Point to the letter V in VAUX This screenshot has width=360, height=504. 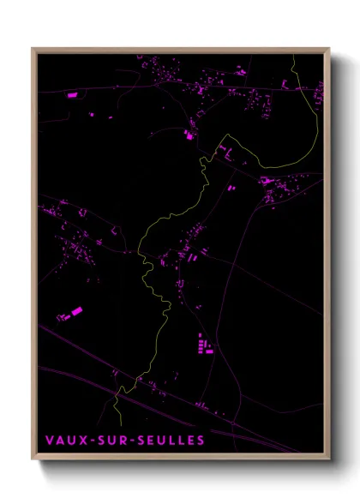pos(50,440)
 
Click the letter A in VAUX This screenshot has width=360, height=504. pos(60,440)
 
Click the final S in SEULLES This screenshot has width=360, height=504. pos(201,440)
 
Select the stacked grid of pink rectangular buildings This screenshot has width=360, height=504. pos(205,345)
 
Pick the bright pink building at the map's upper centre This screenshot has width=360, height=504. pos(189,134)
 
